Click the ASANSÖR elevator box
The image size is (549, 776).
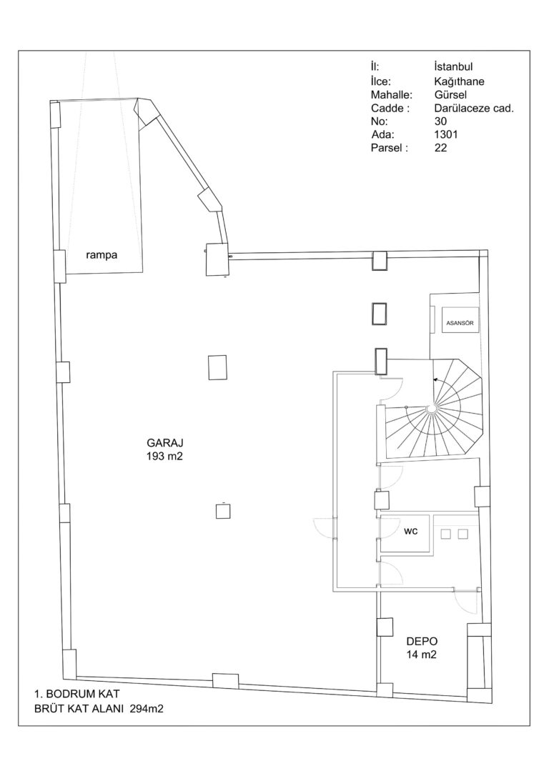click(x=460, y=323)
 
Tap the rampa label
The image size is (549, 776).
click(x=102, y=256)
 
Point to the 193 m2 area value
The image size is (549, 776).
click(x=164, y=457)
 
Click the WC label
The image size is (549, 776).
click(x=410, y=532)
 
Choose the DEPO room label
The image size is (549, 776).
click(x=422, y=642)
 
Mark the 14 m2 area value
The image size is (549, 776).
click(x=422, y=655)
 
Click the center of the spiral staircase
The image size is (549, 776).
click(x=430, y=407)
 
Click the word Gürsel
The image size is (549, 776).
click(x=450, y=94)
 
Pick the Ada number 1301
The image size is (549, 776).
click(x=445, y=134)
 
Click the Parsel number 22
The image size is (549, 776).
click(x=440, y=147)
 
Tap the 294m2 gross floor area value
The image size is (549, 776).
click(x=147, y=709)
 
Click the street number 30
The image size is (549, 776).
click(x=440, y=121)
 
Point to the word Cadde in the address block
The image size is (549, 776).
click(x=387, y=108)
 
